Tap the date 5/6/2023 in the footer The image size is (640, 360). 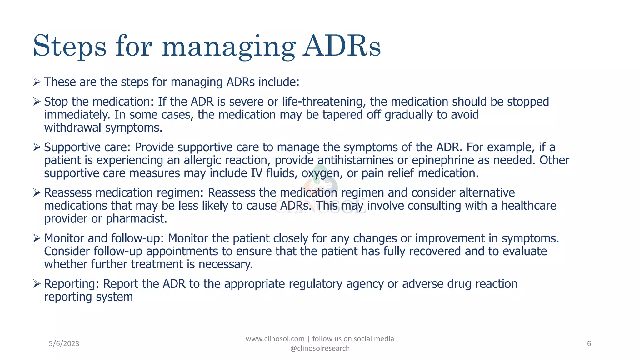(64, 344)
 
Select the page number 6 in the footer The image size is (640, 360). (589, 344)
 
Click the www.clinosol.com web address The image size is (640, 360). (275, 339)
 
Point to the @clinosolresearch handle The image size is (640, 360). (320, 348)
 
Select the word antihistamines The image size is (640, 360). (355, 160)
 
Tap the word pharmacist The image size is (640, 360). (136, 219)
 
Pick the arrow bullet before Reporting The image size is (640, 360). (37, 284)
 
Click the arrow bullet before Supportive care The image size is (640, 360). (37, 147)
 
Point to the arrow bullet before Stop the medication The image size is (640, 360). (37, 102)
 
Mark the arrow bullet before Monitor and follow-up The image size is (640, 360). (37, 238)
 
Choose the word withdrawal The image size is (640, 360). (72, 128)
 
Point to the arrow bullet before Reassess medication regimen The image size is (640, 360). (37, 193)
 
